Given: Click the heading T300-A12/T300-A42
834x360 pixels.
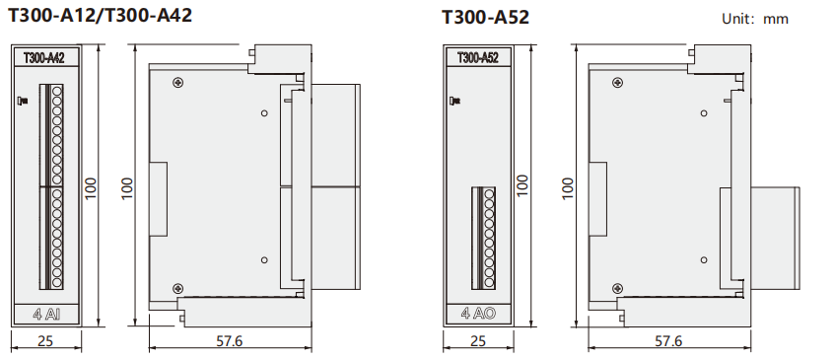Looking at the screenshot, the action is [x=100, y=15].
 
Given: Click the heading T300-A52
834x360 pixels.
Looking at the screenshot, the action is [x=486, y=18].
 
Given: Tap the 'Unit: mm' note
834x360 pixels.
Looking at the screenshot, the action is [x=755, y=19].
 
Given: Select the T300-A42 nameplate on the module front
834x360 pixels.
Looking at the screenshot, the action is [x=44, y=57].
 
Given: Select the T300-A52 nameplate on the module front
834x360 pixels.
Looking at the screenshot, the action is [x=478, y=57].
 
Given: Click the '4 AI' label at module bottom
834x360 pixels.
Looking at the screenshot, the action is [x=46, y=315].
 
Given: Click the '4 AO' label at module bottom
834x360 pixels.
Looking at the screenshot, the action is [x=478, y=314].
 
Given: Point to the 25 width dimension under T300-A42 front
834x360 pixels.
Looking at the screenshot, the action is [x=45, y=341].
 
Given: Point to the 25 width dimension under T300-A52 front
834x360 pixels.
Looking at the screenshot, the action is [x=478, y=341].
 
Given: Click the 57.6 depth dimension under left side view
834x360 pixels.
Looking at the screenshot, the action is [x=230, y=341].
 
